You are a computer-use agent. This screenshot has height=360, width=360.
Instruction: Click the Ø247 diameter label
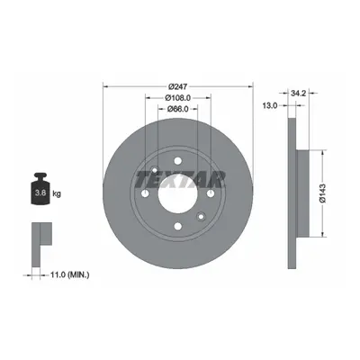click(177, 86)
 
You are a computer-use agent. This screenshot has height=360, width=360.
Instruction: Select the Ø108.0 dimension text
click(178, 98)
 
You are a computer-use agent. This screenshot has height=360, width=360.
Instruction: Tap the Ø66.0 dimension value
click(177, 109)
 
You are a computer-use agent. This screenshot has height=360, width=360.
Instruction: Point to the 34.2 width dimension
click(298, 94)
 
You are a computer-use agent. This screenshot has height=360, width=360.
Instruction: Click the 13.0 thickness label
click(270, 105)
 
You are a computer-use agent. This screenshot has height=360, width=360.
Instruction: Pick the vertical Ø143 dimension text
click(323, 193)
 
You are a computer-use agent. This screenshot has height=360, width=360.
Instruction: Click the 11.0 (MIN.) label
click(68, 274)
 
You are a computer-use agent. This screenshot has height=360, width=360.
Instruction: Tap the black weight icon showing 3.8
click(40, 188)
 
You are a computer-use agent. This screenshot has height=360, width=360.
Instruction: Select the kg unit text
click(57, 193)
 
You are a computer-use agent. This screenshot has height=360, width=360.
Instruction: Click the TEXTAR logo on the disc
click(181, 180)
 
